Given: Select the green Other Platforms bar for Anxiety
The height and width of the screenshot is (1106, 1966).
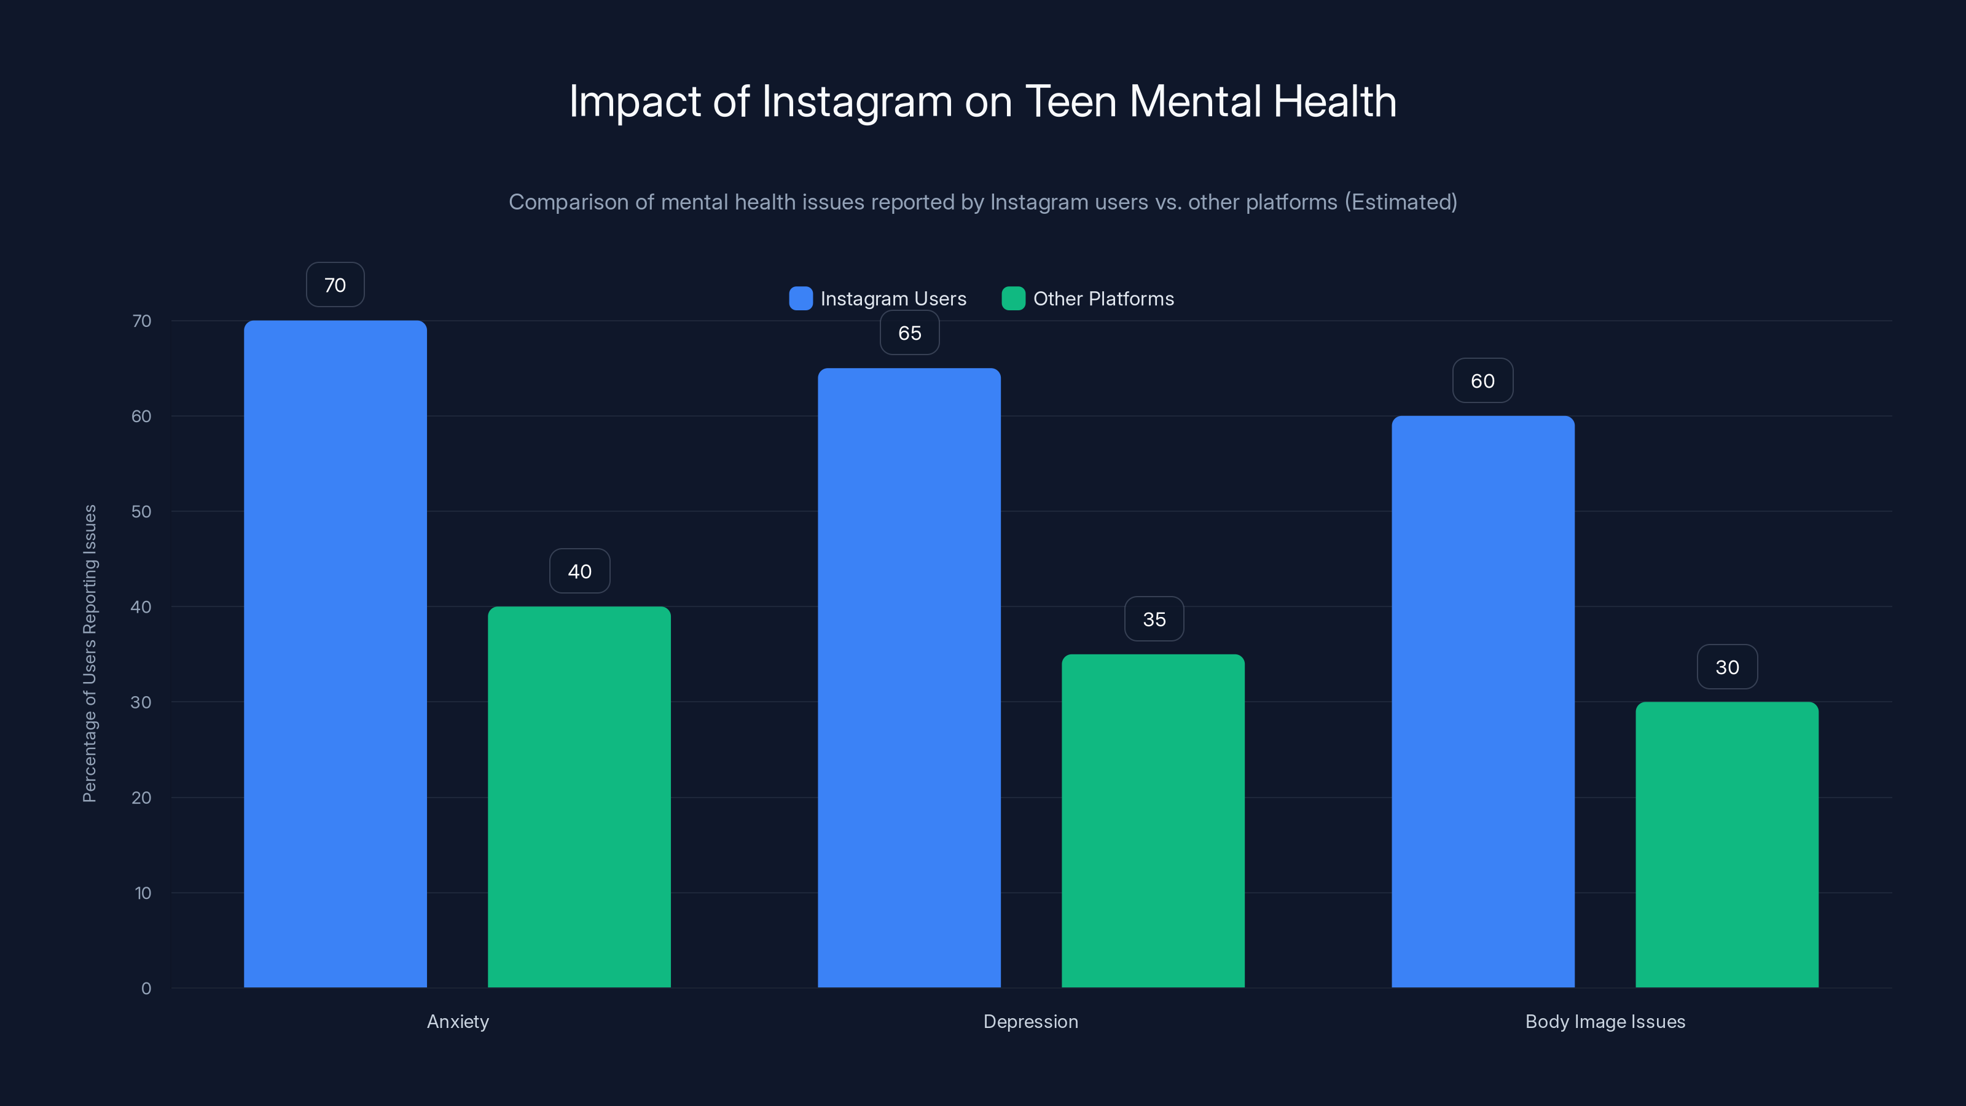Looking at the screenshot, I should [579, 797].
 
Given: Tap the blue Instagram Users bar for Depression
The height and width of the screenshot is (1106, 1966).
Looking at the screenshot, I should [909, 678].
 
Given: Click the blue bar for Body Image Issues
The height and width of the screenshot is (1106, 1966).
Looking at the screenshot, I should [1483, 702].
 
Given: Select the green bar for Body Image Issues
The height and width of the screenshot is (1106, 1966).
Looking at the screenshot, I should [1727, 844].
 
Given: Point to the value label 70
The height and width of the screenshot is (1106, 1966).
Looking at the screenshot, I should [335, 284].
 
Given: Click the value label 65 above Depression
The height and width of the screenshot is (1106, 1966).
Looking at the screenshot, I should [909, 333].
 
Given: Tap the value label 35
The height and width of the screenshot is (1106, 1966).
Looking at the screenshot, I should [1154, 619].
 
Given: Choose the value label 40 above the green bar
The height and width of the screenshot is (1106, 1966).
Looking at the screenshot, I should [579, 571].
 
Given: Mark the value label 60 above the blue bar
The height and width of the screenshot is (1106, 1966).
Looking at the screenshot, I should [1482, 381].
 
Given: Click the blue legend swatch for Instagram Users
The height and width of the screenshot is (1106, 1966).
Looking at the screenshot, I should [801, 299].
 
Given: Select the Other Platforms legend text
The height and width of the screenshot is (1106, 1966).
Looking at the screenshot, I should [1103, 299].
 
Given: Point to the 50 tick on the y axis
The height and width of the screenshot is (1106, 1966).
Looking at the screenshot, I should [141, 511].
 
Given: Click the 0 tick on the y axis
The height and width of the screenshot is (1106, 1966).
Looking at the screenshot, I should [146, 989].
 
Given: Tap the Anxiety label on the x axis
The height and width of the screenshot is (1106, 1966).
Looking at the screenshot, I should [458, 1021].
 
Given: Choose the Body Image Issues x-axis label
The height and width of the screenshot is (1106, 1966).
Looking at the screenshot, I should [1605, 1021].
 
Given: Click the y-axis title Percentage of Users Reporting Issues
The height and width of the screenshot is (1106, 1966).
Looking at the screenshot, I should [89, 653].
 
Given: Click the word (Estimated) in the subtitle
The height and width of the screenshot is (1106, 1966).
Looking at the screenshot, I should [1401, 202].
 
